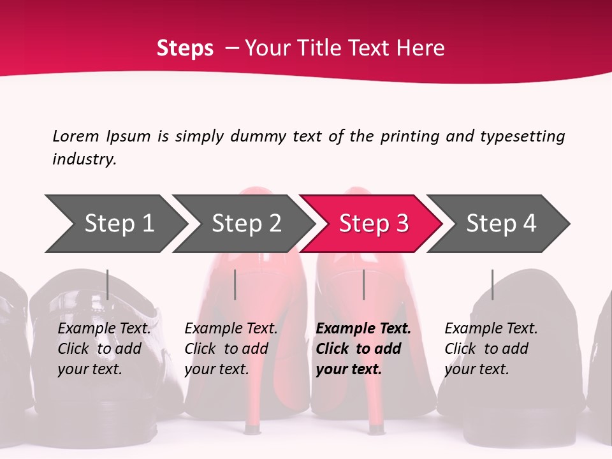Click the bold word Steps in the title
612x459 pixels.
185,48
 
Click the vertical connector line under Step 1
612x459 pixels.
108,284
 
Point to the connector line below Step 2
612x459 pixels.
235,284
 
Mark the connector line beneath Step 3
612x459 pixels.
363,284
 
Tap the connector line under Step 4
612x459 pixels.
492,284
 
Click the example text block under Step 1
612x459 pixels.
104,349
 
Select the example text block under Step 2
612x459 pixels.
231,349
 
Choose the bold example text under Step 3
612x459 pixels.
363,349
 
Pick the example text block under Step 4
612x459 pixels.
491,349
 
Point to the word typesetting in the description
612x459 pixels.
522,136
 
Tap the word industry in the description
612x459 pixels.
84,159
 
